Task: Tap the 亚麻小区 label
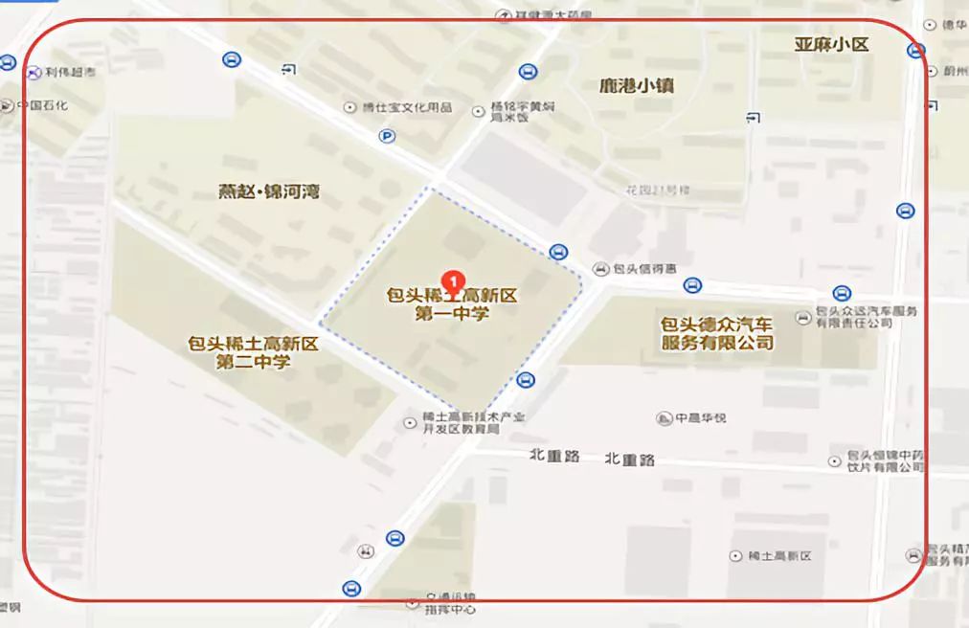831,44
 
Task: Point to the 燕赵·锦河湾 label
269,191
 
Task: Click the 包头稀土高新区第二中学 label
253,351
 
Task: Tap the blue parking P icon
387,137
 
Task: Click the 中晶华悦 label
701,418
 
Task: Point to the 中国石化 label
42,105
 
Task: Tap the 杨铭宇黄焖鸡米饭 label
522,113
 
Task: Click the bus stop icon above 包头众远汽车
842,294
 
